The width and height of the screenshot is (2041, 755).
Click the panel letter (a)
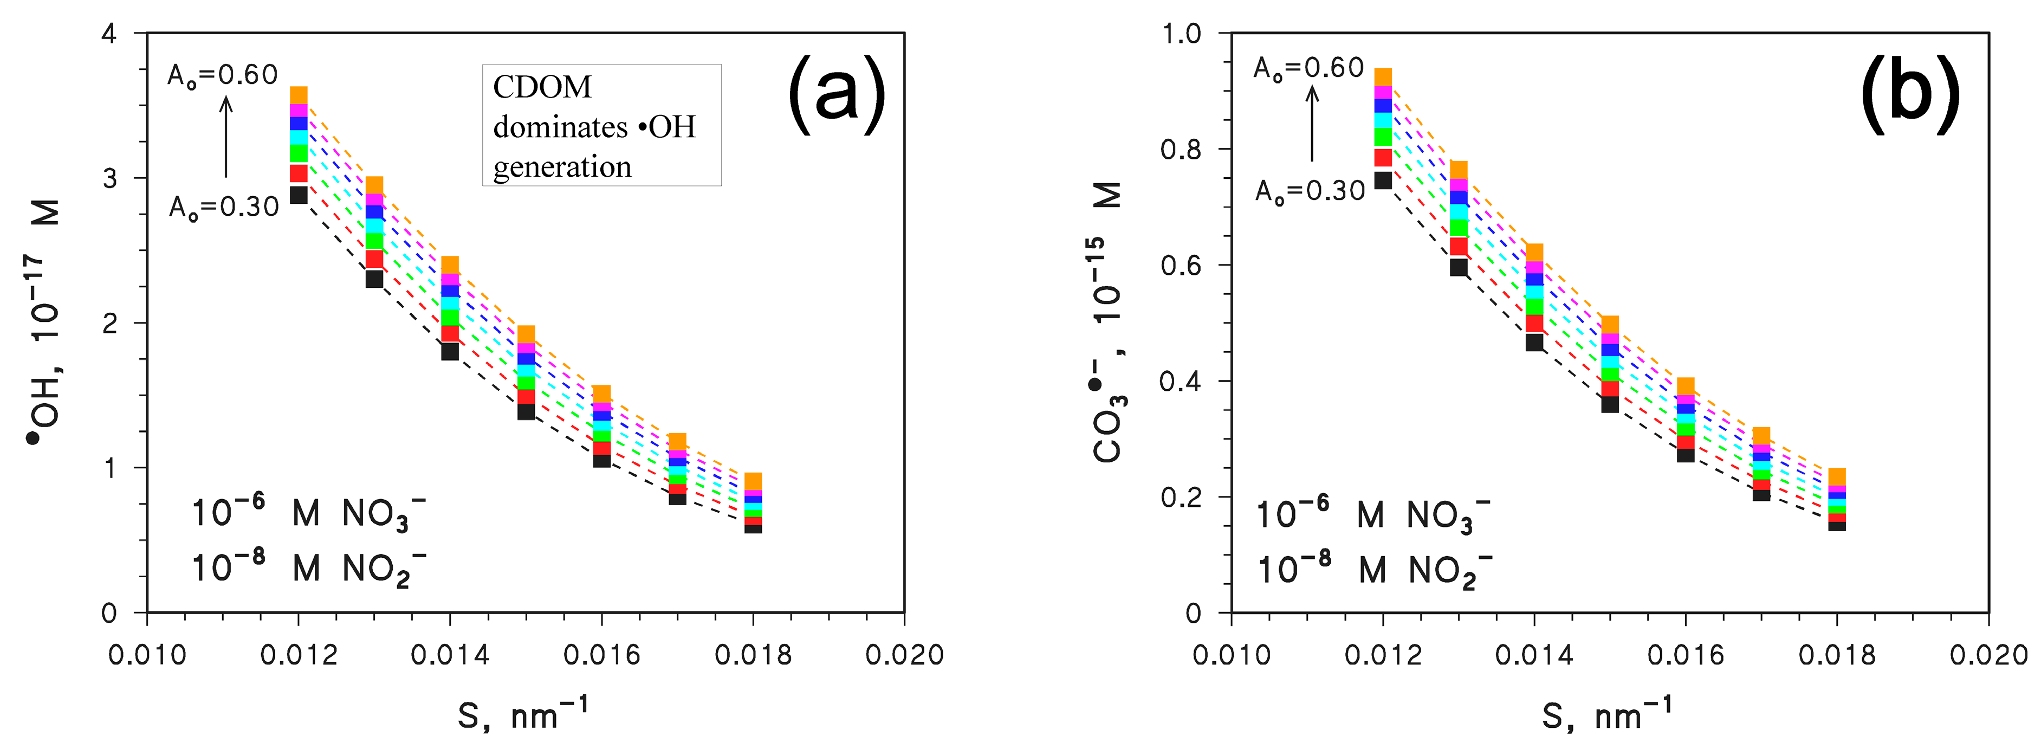tap(836, 95)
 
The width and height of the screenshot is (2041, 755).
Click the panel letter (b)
tap(1909, 95)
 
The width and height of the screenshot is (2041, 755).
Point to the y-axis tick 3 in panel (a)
tap(109, 178)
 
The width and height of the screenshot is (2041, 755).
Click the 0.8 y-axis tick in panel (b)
tap(1181, 149)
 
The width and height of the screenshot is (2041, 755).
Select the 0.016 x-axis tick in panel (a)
tap(601, 654)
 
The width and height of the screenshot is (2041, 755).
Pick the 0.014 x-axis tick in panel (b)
tap(1534, 654)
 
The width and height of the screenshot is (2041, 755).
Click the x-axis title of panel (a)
tap(523, 714)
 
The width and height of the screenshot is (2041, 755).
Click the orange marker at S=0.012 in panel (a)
tap(299, 95)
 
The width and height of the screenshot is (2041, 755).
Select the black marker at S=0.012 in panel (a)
tap(299, 195)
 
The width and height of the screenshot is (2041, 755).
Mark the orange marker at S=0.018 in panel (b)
tap(1837, 476)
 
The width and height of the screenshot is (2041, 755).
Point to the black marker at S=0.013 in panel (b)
tap(1459, 267)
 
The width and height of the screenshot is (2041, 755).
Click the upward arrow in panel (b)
tap(1312, 123)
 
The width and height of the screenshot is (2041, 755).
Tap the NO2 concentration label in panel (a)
tap(309, 568)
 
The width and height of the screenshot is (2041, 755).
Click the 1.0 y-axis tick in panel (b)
tap(1181, 34)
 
